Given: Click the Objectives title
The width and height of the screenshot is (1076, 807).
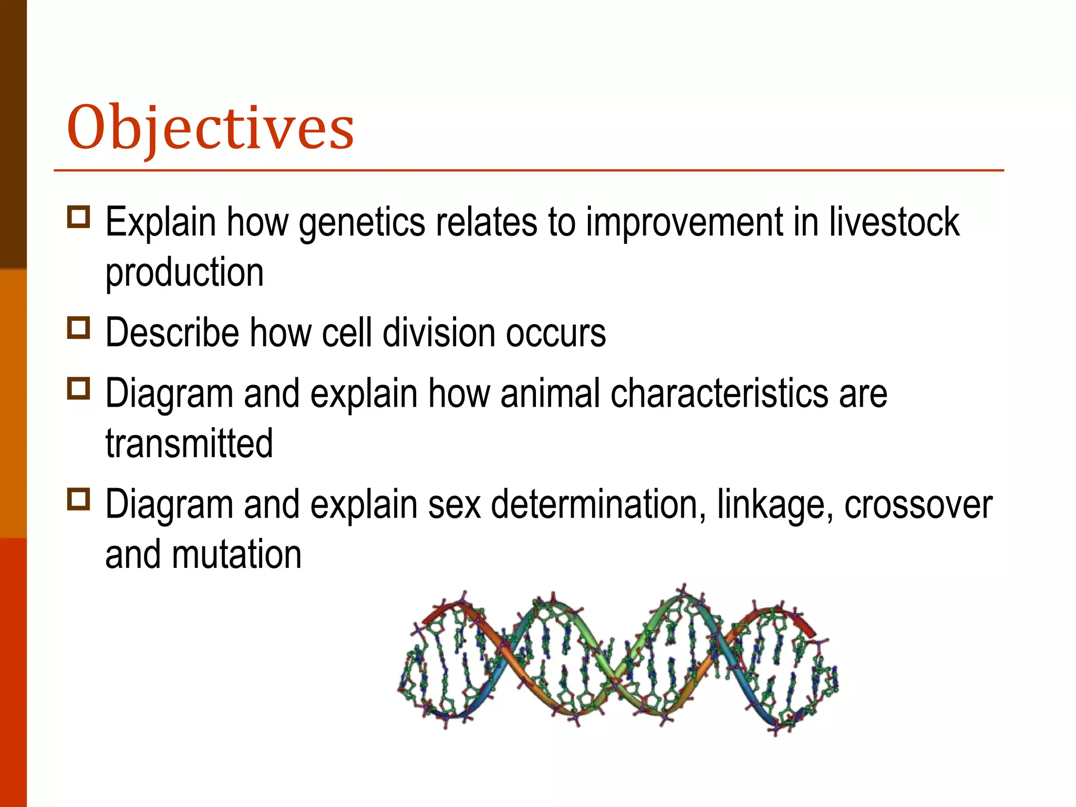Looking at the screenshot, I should tap(210, 128).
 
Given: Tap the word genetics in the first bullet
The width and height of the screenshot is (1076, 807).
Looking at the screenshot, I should tap(362, 223).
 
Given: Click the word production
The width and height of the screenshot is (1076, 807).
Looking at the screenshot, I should tap(184, 273).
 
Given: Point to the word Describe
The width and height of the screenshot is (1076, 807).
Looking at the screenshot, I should tap(172, 333).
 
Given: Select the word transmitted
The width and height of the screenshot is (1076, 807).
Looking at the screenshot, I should tap(189, 443).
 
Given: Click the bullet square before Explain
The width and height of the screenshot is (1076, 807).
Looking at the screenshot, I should tap(79, 216).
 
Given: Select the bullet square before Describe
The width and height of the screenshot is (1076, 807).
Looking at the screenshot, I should tap(79, 328).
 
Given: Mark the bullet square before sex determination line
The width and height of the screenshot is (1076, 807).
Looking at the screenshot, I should tap(79, 499).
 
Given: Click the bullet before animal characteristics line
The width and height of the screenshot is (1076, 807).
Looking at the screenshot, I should tap(79, 388).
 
